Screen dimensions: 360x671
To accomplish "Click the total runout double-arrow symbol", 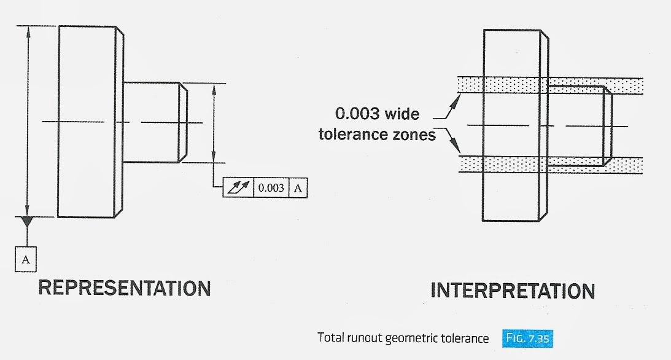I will click(238, 188).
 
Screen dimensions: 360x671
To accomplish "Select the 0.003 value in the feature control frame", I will click(271, 188).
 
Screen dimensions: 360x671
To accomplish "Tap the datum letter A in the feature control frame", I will click(298, 188).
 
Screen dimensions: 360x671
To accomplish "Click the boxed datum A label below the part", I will click(26, 259).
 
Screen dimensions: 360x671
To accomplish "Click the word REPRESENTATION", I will click(125, 288).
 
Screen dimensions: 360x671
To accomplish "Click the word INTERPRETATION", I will click(513, 291).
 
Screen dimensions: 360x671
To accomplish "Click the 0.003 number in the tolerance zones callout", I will click(357, 114).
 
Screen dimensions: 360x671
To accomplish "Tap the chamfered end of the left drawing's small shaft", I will click(183, 122).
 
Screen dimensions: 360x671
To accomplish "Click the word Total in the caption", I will click(330, 338).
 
